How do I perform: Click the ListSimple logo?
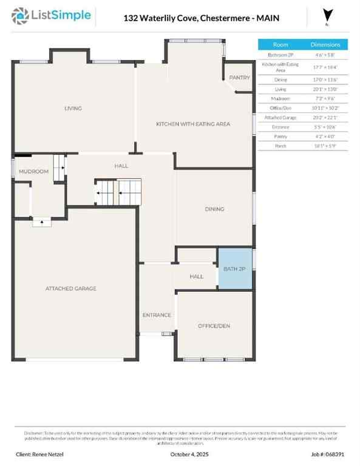click(x=52, y=16)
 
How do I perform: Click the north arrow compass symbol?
click(x=328, y=16)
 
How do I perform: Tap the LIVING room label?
click(x=73, y=109)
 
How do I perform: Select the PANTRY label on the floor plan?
click(x=239, y=78)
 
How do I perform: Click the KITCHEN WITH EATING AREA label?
click(x=193, y=124)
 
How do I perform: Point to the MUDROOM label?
click(x=33, y=172)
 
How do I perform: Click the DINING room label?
click(x=214, y=209)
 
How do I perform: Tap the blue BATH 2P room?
click(x=234, y=269)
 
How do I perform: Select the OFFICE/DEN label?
click(x=214, y=326)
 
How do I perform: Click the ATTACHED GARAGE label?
click(x=71, y=289)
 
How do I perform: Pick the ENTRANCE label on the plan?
click(x=157, y=315)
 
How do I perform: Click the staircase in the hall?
click(x=118, y=193)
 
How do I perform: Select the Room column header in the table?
click(x=280, y=44)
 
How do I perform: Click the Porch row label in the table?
click(x=280, y=146)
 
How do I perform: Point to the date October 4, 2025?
click(x=180, y=454)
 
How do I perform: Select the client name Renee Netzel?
click(x=39, y=454)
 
